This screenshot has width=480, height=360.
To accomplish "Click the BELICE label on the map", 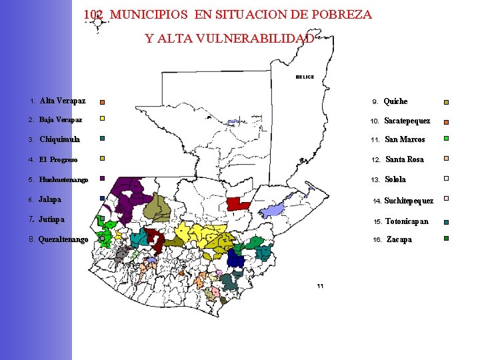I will point(305,77).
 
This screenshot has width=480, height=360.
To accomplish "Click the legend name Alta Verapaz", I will point(62,101).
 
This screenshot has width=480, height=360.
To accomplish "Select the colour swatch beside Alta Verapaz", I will point(102,103).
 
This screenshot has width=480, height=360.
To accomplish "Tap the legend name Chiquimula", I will point(59,139).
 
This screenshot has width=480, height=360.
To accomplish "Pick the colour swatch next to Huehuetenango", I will point(102,179).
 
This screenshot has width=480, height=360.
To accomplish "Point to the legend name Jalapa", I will point(50,199).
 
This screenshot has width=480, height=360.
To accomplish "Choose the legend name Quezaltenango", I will point(63,239).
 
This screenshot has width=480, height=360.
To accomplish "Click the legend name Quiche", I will point(395,101).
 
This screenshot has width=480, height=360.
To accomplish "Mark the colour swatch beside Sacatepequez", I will point(447,122).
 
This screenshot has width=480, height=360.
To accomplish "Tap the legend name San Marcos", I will point(405,139).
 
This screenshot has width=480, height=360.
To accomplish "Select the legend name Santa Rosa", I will point(404,159).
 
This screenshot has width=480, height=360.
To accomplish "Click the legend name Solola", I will point(395,179).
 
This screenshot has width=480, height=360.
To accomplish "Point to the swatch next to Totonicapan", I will point(447,222).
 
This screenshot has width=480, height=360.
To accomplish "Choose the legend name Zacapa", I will point(399,239).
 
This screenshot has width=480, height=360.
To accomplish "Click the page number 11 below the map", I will point(320,286).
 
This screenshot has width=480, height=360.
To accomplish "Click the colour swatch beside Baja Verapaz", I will point(102,119).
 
